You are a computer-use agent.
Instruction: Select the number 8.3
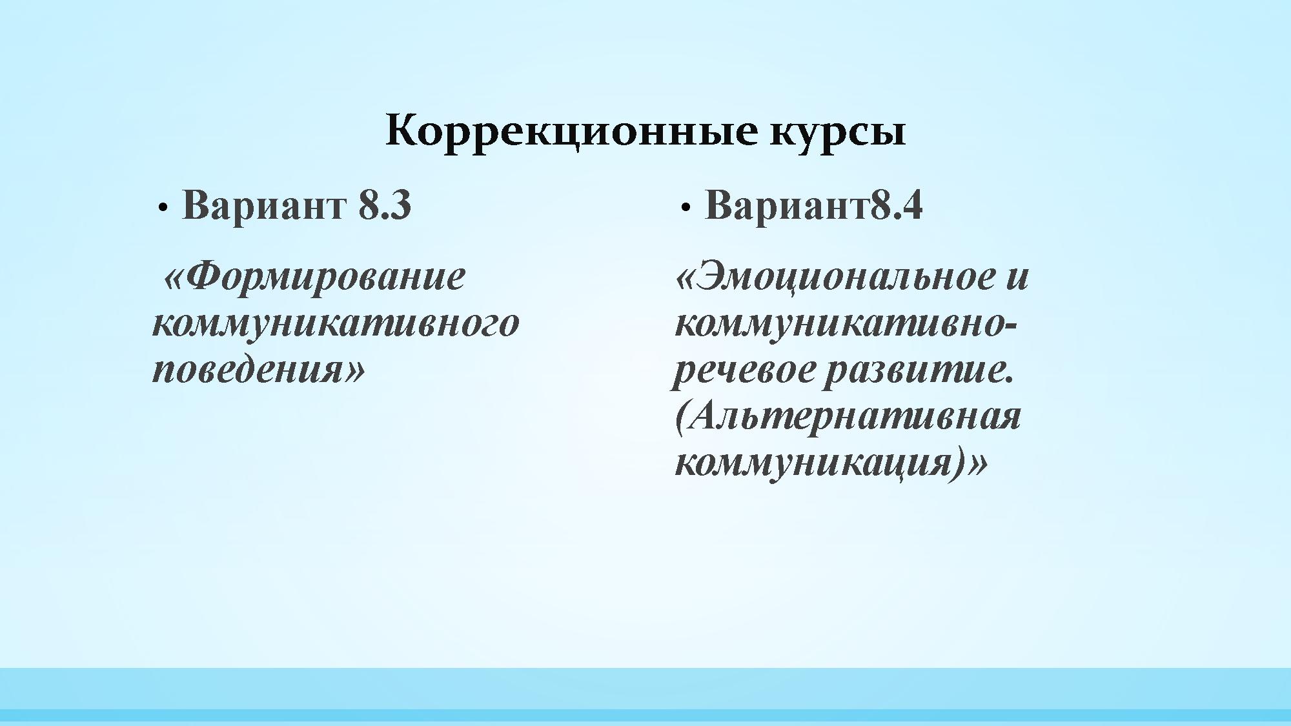(385, 205)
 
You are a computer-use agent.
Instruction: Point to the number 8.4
(897, 205)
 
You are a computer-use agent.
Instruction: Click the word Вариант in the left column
(263, 205)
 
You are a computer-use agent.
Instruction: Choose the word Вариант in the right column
(788, 205)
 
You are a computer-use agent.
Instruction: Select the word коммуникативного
(336, 323)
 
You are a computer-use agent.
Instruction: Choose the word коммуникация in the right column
(813, 463)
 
